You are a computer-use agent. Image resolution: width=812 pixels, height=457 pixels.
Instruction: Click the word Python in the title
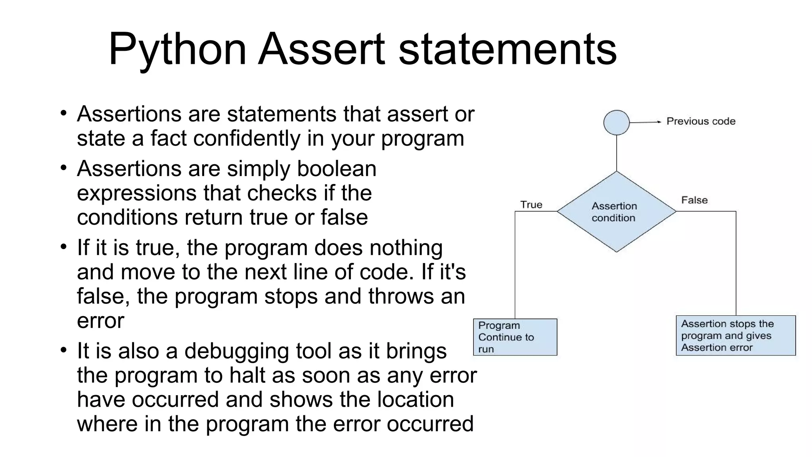point(177,49)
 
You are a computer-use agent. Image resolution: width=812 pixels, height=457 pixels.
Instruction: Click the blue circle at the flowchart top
point(616,123)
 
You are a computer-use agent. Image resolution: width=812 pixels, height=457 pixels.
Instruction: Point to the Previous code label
point(701,121)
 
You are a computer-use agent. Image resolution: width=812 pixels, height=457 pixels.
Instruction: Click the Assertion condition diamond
point(616,212)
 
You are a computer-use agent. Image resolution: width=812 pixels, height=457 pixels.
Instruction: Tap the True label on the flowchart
point(531,205)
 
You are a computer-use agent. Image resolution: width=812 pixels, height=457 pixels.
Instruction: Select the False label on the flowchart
point(694,200)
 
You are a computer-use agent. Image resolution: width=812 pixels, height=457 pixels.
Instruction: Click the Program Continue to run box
point(515,337)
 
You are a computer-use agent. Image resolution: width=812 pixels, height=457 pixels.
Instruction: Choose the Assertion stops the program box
point(735,336)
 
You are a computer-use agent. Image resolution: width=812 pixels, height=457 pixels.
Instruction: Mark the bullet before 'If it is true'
point(64,247)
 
